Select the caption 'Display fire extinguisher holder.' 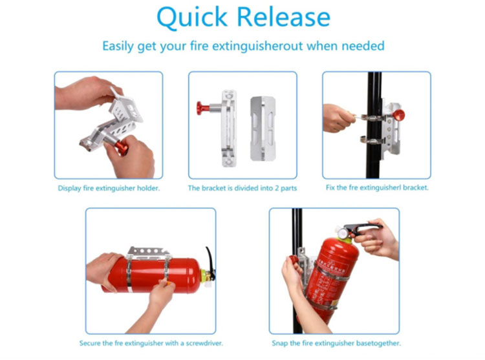point(108,188)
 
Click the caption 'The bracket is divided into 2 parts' point(242,188)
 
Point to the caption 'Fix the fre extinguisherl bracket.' point(377,188)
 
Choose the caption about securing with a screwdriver point(150,343)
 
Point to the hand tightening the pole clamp point(338,118)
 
